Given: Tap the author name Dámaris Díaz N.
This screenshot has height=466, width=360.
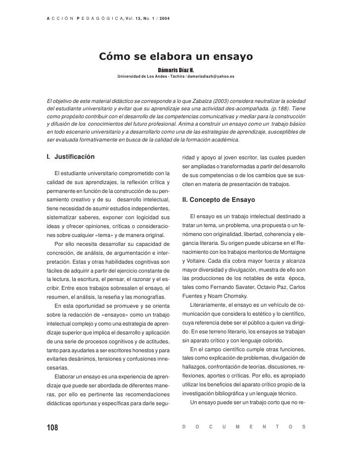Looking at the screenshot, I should click(177, 70).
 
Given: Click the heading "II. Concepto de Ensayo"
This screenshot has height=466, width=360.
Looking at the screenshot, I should click(219, 200).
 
